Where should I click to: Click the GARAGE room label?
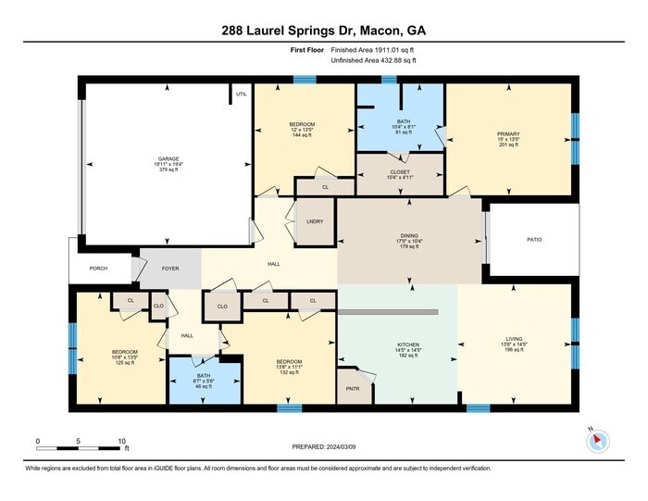(168, 158)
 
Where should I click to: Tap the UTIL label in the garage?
(242, 94)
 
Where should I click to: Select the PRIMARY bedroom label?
(509, 134)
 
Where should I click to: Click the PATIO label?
(534, 240)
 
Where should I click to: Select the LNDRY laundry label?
(314, 222)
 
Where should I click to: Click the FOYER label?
(170, 269)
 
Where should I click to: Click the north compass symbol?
(597, 442)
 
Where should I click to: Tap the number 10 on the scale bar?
(121, 442)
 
